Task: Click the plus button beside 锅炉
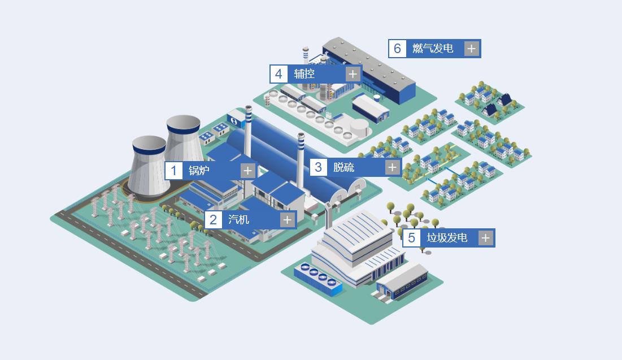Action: coord(247,171)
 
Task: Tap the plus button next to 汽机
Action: coord(287,219)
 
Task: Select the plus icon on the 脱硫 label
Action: coord(392,167)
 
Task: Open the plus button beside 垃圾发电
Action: coord(485,238)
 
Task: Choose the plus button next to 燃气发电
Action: coord(471,49)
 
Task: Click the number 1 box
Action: coord(174,171)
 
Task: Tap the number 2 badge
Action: coord(214,219)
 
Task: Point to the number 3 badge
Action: coord(318,167)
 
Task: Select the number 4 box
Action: coord(279,74)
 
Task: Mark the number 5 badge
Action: coord(411,238)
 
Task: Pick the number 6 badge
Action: coord(397,49)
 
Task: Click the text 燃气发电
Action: coord(433,49)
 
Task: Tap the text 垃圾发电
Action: coord(447,238)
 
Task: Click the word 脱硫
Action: coord(343,167)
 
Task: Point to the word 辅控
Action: coord(305,74)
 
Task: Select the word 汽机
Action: coord(238,219)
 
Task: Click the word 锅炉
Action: coord(199,170)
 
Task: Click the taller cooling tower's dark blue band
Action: coord(183,129)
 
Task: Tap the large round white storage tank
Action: coord(359,127)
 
